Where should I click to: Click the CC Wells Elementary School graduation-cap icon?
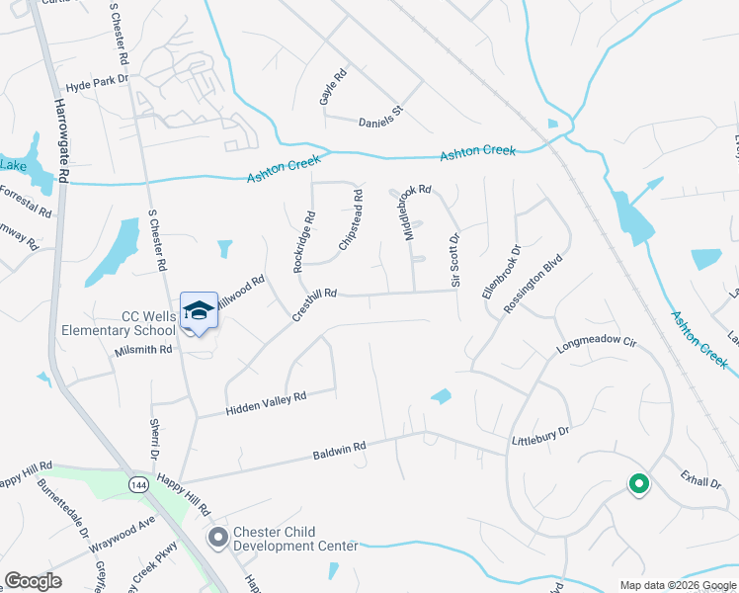[199, 310]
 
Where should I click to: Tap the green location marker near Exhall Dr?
[638, 484]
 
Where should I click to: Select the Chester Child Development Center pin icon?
[216, 538]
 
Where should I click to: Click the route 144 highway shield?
[137, 483]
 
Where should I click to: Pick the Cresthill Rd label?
[315, 304]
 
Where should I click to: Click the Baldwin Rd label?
[339, 451]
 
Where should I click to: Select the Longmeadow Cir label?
[597, 348]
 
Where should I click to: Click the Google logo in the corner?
[33, 580]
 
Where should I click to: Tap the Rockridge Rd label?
[303, 241]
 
